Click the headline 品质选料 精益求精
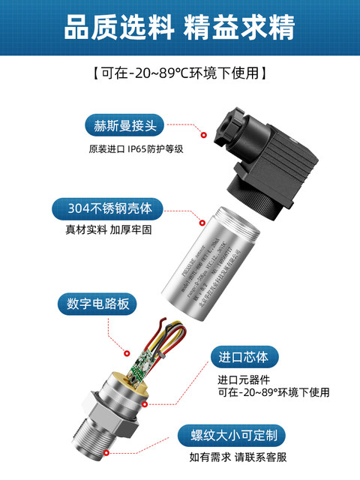tap(180, 28)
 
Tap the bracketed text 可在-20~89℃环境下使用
tap(180, 73)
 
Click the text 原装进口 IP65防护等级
tap(136, 148)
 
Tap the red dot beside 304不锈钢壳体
tap(200, 222)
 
